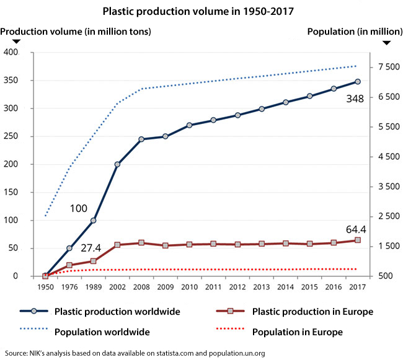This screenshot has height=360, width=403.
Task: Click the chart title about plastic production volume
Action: click(x=201, y=11)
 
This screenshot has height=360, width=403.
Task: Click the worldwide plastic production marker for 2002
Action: click(x=117, y=164)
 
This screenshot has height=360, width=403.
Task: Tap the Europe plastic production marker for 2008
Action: click(x=141, y=243)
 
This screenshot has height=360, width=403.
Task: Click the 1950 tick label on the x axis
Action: click(x=45, y=288)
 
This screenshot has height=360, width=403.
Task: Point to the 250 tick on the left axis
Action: click(x=11, y=136)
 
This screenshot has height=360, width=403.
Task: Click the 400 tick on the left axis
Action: click(x=11, y=53)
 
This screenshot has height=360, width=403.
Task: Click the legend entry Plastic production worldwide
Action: click(x=117, y=311)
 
